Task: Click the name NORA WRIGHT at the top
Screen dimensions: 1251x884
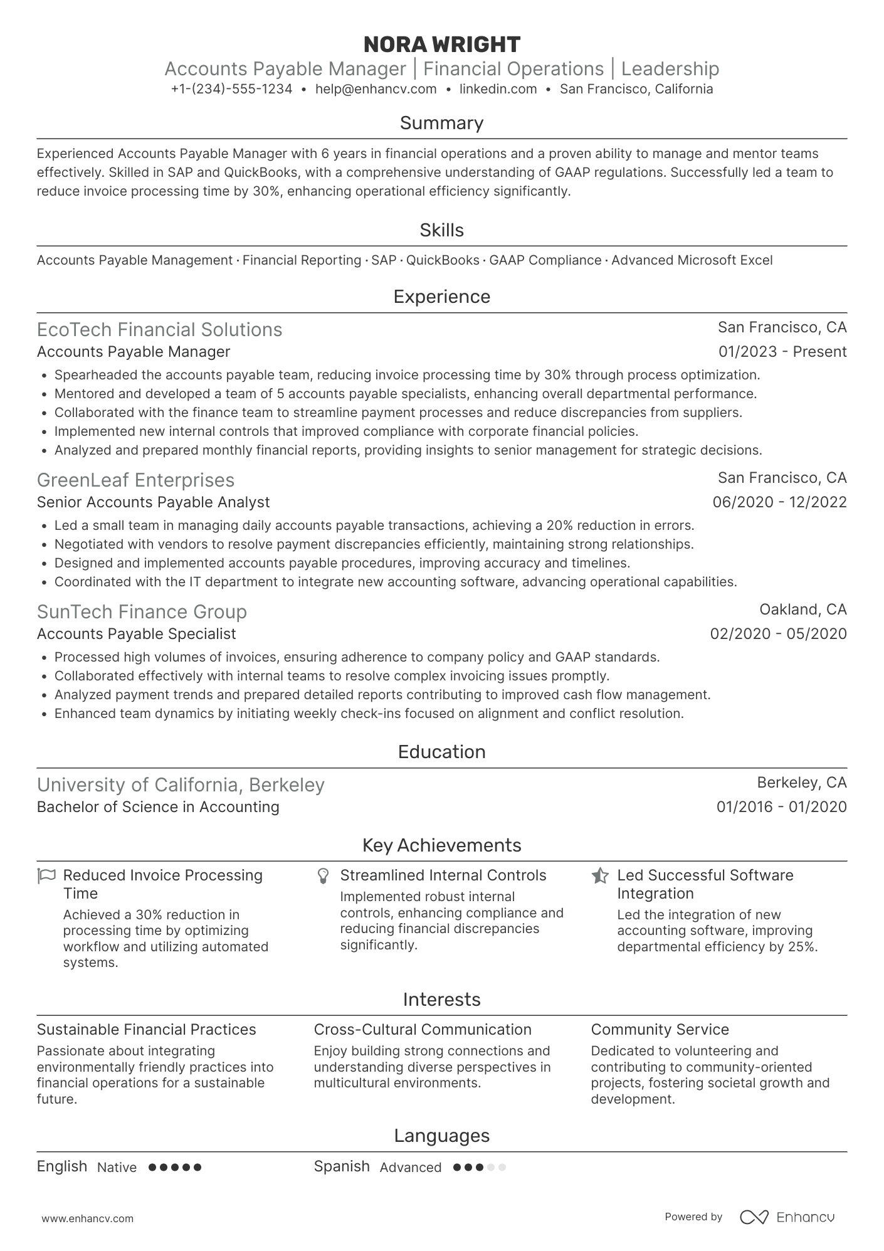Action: tap(441, 45)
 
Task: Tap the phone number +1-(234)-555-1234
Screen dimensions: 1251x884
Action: tap(231, 89)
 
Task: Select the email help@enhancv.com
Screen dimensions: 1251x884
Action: tap(376, 89)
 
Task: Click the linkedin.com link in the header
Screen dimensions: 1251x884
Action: tap(498, 89)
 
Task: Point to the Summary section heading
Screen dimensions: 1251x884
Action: tap(441, 123)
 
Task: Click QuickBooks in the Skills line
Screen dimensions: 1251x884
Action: tap(443, 260)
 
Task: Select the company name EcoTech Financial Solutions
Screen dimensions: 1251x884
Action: tap(159, 330)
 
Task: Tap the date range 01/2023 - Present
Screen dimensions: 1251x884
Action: tap(782, 352)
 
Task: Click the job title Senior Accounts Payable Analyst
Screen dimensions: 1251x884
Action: tap(153, 502)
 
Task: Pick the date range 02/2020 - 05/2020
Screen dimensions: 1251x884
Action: tap(778, 634)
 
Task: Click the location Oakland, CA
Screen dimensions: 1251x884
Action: tap(802, 610)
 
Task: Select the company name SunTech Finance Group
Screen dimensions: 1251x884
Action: tap(142, 612)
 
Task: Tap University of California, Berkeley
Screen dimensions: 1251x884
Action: tap(181, 785)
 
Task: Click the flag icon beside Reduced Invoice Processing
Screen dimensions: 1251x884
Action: tap(47, 875)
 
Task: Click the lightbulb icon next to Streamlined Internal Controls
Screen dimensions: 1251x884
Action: tap(324, 876)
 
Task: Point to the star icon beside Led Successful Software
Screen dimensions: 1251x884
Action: tap(600, 875)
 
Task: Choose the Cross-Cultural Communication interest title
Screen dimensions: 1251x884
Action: tap(422, 1030)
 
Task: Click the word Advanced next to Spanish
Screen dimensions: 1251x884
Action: tap(410, 1168)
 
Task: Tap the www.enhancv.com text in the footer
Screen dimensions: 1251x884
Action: tap(88, 1219)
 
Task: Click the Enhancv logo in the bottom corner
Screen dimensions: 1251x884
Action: tap(787, 1217)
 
